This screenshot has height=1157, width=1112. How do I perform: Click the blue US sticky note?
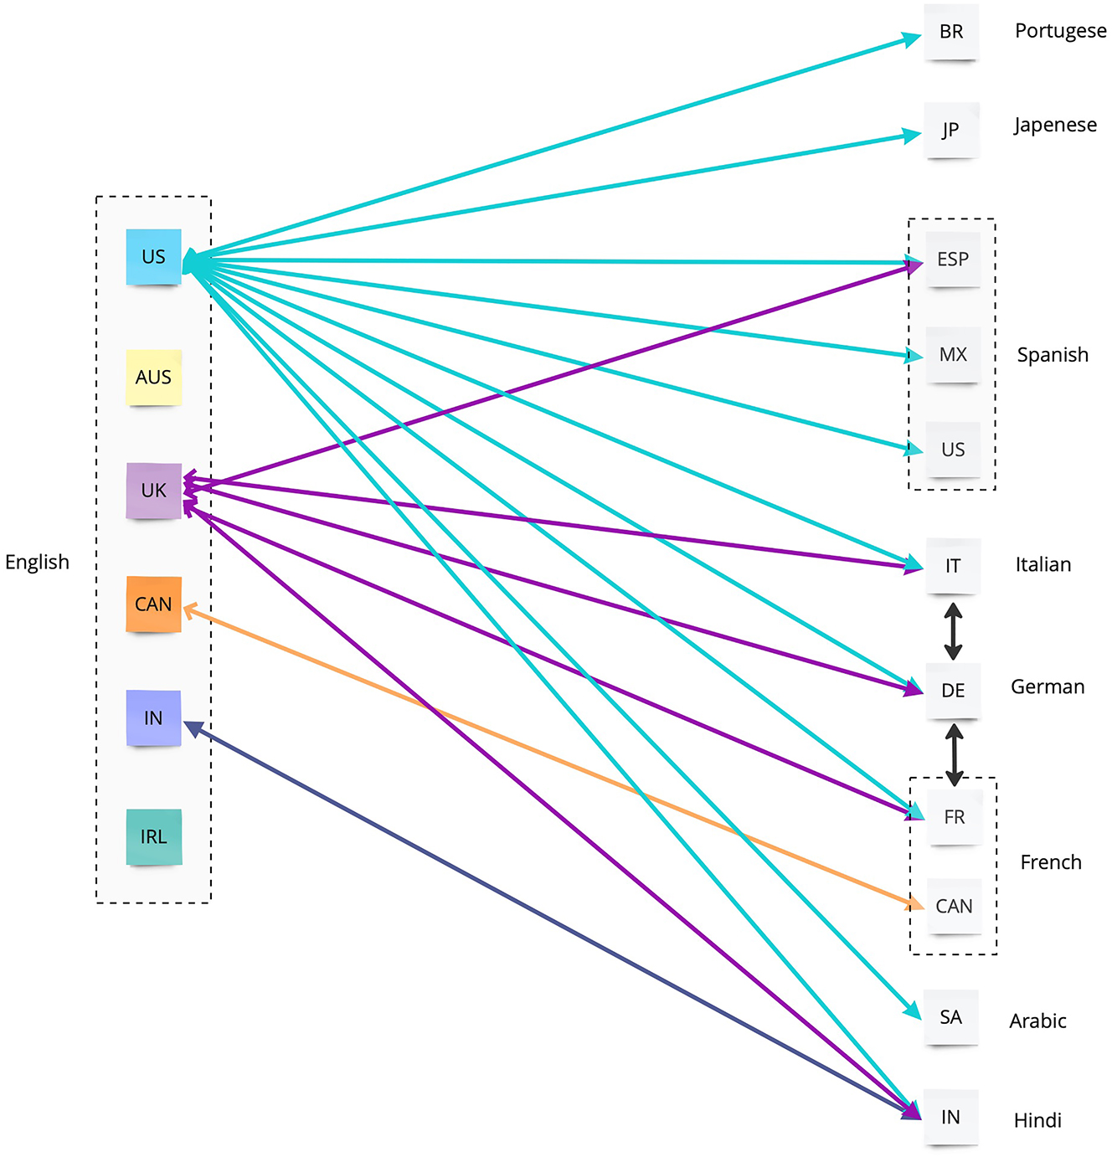coord(153,257)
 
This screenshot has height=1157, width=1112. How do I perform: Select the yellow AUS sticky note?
coord(153,378)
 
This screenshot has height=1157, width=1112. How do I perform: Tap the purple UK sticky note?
coord(153,491)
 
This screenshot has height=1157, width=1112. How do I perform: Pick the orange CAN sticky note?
coord(153,604)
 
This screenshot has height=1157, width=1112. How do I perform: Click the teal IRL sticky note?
coord(153,836)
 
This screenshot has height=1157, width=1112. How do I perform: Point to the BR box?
coord(951,32)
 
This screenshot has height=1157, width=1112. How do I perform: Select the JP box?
coord(951,131)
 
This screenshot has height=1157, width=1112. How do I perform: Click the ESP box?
coord(953,260)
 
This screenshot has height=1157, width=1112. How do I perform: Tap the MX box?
coord(953,355)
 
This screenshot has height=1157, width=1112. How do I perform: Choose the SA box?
coord(950,1017)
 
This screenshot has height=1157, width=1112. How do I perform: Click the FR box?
coord(954,817)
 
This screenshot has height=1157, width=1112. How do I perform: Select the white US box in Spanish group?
coord(953,450)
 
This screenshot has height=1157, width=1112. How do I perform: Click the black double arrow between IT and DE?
coord(953,631)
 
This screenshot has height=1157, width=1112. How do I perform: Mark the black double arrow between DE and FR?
coord(954,754)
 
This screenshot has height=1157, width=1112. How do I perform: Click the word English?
coord(37,562)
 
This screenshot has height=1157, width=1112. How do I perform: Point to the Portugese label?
coord(1060,32)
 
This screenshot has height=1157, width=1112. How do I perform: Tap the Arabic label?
coord(1037,1021)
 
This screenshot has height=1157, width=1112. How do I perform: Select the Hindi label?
coord(1037,1120)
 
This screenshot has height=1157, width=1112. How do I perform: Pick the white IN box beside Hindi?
coord(950,1117)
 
